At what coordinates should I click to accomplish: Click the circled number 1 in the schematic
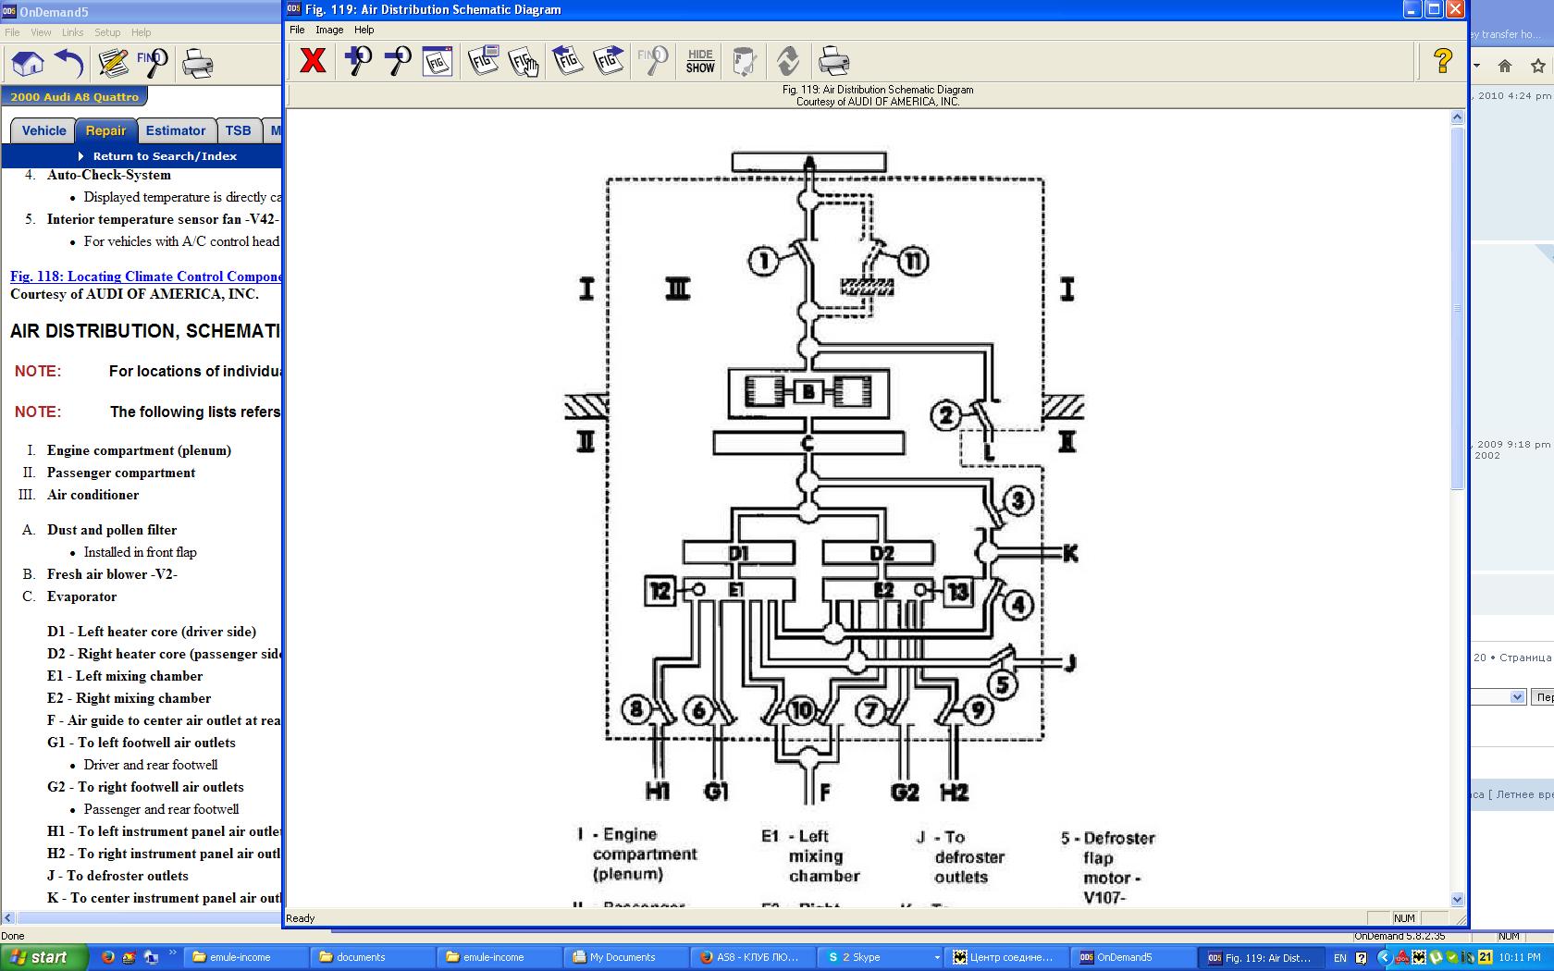tap(763, 262)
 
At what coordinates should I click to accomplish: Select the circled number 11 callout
tap(913, 262)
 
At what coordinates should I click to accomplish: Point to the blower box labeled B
tap(808, 392)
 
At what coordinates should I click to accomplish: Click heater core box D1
tap(738, 553)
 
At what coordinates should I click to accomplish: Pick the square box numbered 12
tap(660, 590)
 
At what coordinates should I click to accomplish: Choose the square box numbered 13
tap(957, 590)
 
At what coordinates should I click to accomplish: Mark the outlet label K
tap(1070, 553)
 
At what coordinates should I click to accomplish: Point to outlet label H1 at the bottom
tap(658, 792)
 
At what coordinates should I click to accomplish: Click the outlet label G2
tap(904, 792)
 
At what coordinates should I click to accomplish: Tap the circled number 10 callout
tap(801, 710)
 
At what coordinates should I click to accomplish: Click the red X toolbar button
tap(313, 61)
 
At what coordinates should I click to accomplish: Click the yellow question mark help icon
tap(1442, 61)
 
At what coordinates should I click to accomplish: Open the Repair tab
tap(105, 130)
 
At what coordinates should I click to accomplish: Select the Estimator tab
tap(176, 130)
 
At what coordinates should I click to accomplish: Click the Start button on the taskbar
tap(43, 957)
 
